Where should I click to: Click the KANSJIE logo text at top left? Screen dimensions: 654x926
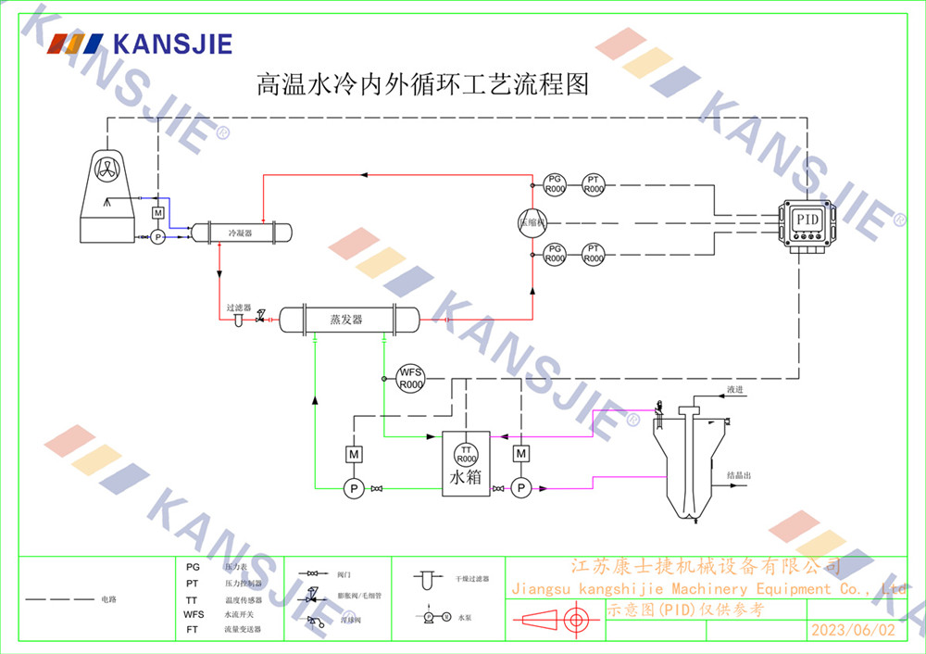click(x=171, y=44)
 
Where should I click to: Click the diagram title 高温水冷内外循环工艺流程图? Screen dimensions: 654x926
click(x=422, y=86)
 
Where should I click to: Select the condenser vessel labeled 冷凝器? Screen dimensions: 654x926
click(x=241, y=233)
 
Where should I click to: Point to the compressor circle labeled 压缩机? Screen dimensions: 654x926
click(x=532, y=221)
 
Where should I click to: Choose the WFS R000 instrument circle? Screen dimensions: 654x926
click(x=410, y=378)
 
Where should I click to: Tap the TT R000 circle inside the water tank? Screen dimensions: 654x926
click(x=466, y=453)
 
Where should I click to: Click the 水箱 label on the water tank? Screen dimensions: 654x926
click(x=466, y=478)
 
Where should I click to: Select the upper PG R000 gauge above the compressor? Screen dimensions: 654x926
click(x=555, y=183)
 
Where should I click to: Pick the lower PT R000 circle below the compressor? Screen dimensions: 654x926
click(x=594, y=254)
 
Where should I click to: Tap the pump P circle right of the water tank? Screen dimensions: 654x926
click(x=521, y=487)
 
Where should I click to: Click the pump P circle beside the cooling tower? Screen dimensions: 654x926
click(x=157, y=237)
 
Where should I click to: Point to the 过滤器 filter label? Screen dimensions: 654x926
click(x=239, y=307)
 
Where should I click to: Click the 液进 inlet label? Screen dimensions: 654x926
click(x=735, y=390)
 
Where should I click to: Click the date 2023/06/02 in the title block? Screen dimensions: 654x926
click(x=853, y=630)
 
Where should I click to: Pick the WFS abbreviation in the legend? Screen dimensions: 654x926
click(x=194, y=613)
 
